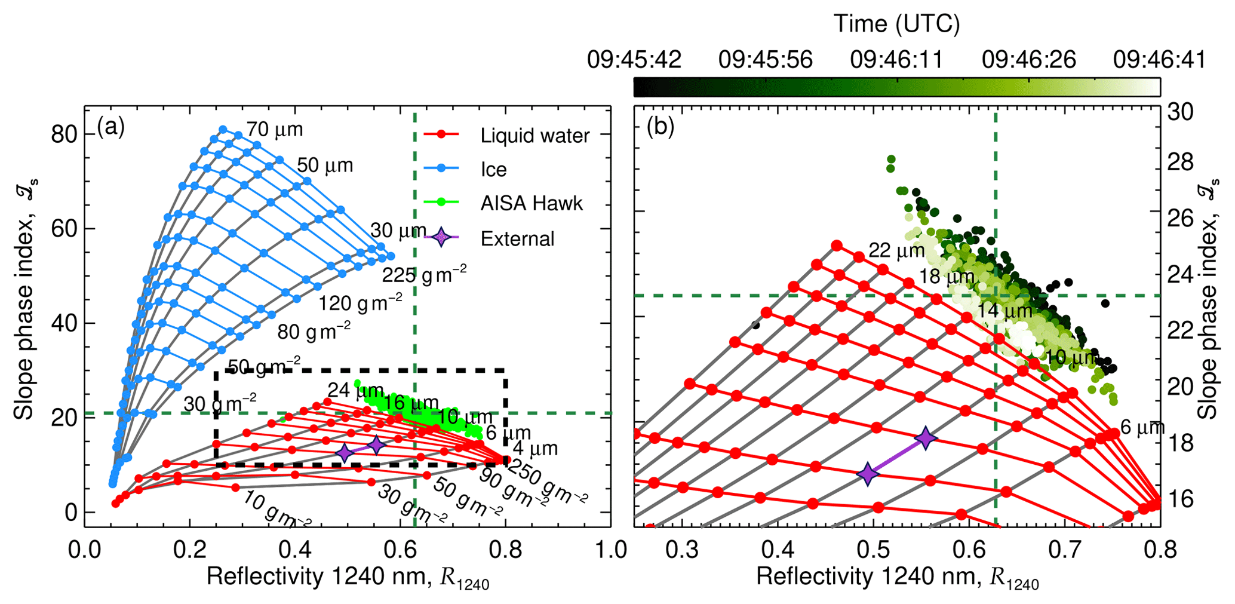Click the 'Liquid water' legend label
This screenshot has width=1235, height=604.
pos(534,136)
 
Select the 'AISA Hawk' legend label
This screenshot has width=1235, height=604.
pos(531,204)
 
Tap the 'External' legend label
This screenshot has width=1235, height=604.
pos(517,238)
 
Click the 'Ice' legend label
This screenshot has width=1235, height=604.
pos(493,170)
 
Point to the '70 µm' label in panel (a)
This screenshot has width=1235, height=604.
pos(275,129)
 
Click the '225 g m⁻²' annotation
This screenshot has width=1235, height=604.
pos(424,274)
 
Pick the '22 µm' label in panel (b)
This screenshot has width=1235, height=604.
pos(896,250)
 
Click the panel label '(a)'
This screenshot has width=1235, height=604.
pos(111,127)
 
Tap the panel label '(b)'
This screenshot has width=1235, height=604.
pos(660,128)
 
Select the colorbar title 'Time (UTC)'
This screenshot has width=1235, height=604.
pos(896,24)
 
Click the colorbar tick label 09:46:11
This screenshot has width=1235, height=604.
pos(896,60)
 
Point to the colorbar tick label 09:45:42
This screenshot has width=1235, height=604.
pos(634,60)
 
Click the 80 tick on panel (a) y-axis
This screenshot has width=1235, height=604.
pos(64,134)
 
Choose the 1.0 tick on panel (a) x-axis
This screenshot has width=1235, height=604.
pos(610,549)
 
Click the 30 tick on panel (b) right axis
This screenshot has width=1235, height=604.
pos(1179,112)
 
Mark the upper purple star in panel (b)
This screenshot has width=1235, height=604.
pos(925,438)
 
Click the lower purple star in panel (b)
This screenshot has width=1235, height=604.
pos(868,473)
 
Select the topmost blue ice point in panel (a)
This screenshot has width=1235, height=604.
pos(223,129)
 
